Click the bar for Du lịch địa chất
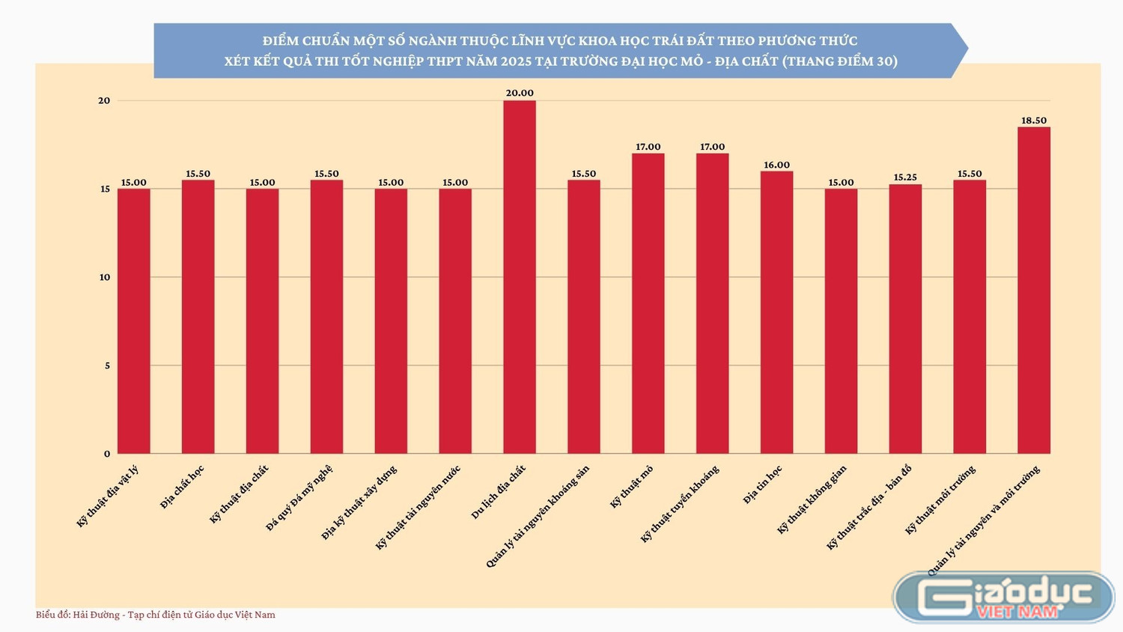(x=520, y=277)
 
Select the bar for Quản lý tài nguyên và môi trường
(x=1034, y=291)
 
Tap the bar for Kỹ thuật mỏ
(x=648, y=303)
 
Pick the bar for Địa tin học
(x=776, y=312)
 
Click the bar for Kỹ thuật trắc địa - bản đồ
(x=905, y=319)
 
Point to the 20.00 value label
(x=520, y=93)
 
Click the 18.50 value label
(x=1034, y=121)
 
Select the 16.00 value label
(x=776, y=165)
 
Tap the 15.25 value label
(x=905, y=177)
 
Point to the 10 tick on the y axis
(x=104, y=277)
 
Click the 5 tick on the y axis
(x=107, y=365)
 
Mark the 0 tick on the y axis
(x=107, y=454)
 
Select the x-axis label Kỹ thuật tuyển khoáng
(x=680, y=504)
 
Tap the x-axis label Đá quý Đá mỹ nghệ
(x=299, y=498)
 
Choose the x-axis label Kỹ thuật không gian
(x=812, y=499)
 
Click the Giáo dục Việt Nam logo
(x=1004, y=597)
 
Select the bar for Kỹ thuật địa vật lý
(x=134, y=321)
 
